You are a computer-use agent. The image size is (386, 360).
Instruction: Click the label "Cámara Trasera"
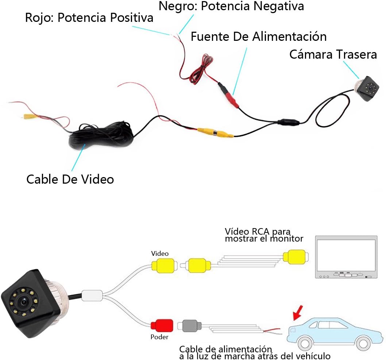pos(333,55)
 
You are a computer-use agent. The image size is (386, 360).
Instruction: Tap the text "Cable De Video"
pos(70,179)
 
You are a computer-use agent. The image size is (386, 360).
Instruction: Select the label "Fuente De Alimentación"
pos(258,37)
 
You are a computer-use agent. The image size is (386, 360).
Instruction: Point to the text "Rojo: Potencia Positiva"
pos(89,18)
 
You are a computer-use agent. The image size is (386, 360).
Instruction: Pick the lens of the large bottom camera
pos(24,302)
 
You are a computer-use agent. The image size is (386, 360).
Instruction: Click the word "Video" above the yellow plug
pos(160,253)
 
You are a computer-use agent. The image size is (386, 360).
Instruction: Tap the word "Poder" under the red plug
pos(159,337)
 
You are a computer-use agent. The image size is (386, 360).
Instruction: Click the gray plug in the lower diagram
pos(189,325)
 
